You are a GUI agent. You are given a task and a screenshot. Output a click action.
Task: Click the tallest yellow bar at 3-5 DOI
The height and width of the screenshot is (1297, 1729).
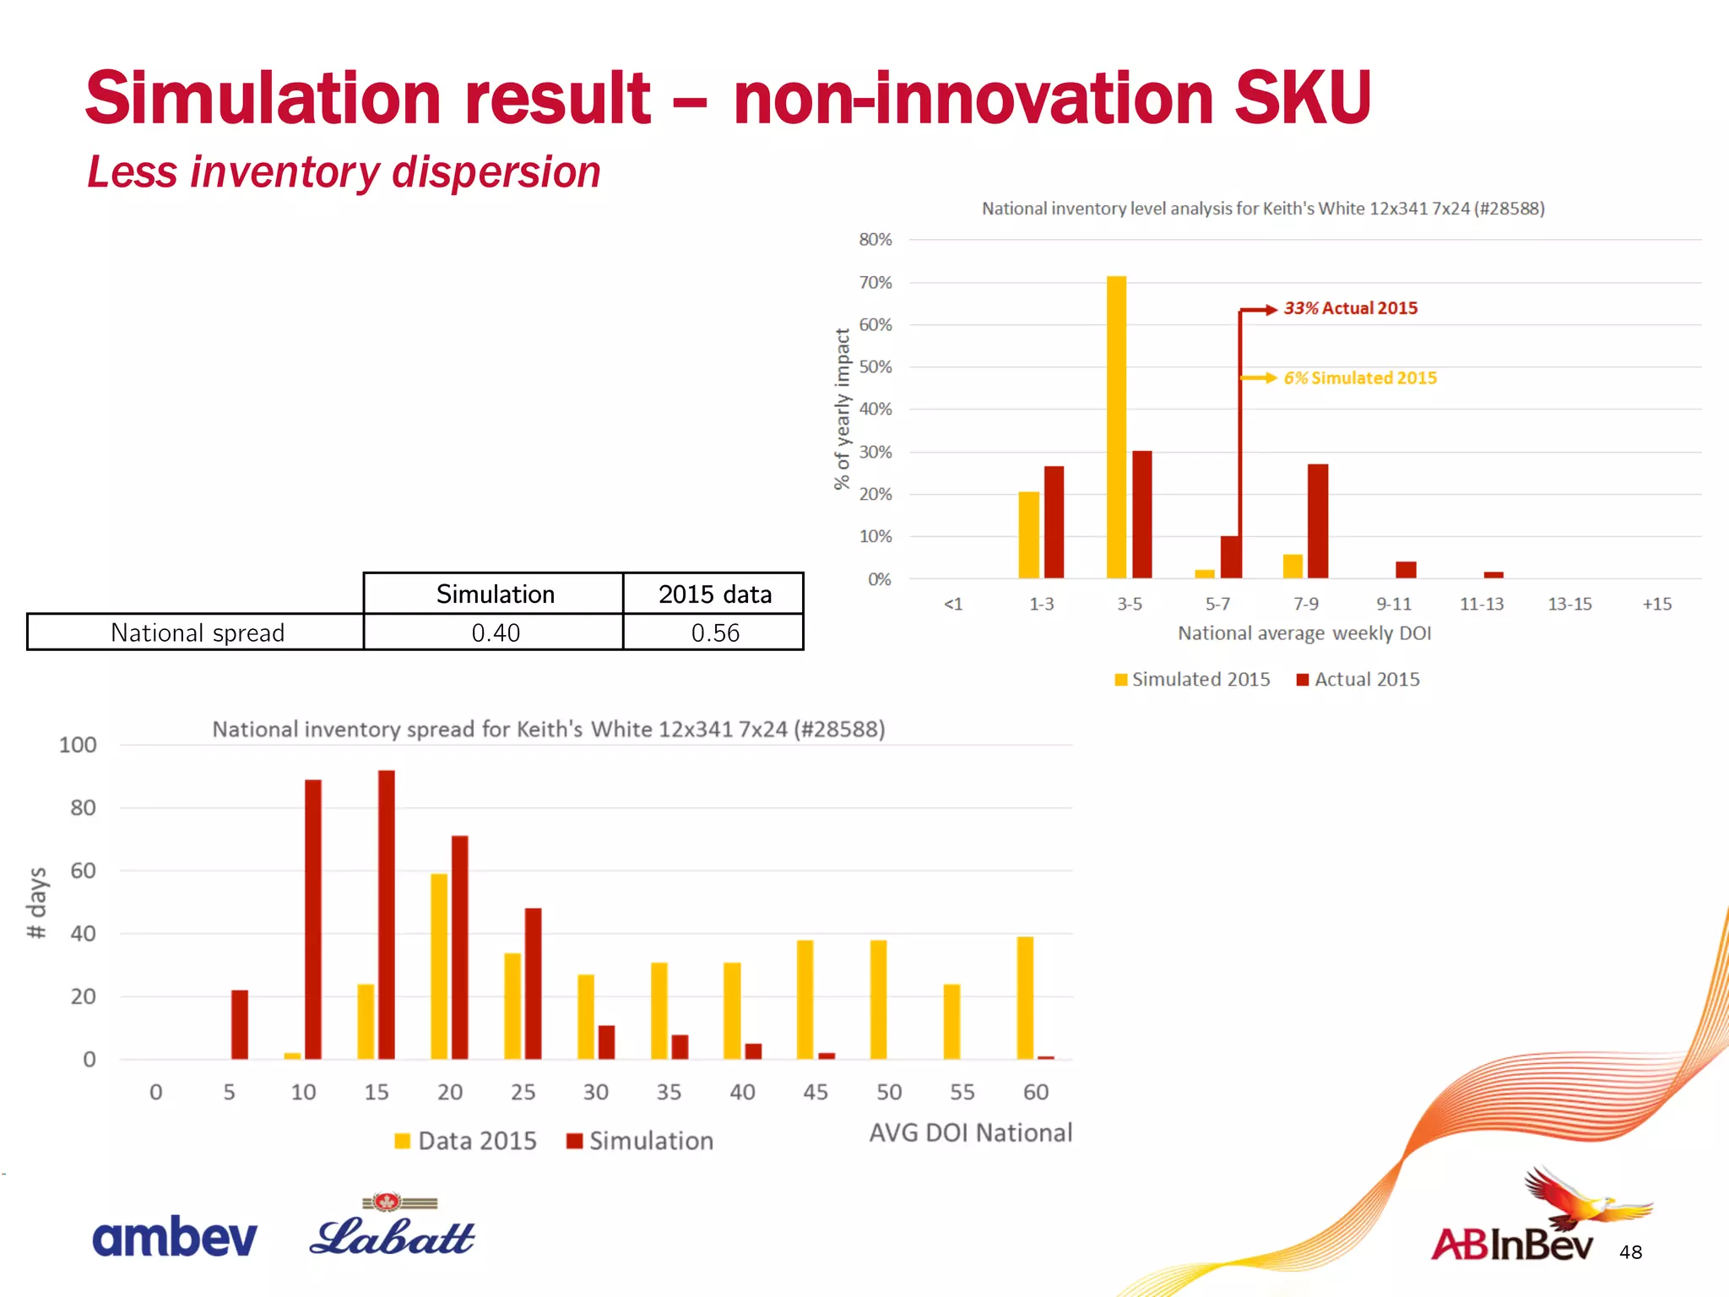[1116, 427]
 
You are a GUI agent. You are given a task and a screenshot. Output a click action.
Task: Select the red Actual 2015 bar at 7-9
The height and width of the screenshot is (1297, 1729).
[1318, 521]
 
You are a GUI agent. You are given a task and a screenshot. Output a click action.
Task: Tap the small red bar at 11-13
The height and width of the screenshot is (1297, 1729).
[1493, 575]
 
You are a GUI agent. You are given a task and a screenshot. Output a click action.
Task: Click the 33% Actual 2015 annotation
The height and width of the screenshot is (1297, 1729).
[1350, 308]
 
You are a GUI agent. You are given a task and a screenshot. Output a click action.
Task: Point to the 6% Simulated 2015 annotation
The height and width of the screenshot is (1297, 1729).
[1359, 378]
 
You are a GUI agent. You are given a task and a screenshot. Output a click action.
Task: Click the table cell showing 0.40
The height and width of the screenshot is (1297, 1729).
[495, 632]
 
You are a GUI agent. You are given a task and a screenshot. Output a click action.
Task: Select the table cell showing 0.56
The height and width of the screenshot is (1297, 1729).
[714, 632]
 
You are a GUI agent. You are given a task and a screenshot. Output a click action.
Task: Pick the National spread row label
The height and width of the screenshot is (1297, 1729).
[197, 632]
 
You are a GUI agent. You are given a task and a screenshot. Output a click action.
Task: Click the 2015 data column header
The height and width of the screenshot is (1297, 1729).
[714, 594]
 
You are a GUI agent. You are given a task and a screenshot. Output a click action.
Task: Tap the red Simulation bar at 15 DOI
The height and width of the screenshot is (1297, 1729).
[387, 914]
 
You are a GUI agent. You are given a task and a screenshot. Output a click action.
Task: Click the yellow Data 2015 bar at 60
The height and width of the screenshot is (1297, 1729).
[1025, 997]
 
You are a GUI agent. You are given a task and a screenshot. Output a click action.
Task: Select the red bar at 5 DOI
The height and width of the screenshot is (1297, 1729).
[240, 1024]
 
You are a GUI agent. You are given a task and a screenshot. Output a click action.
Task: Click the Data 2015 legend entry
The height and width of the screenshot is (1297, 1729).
[465, 1141]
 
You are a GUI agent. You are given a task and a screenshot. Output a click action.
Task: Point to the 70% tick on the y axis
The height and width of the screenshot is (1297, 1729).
[875, 283]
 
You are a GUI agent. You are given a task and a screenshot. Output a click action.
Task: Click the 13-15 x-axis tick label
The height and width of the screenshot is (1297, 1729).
[1569, 604]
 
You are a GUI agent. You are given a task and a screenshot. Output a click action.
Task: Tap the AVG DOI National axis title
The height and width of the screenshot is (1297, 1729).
[970, 1132]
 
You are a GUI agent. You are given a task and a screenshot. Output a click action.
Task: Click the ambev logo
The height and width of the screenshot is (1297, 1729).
[174, 1237]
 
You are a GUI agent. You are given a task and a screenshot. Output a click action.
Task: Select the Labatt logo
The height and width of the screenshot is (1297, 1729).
[393, 1229]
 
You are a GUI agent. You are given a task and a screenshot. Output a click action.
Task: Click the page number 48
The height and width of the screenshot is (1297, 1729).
[1630, 1252]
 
